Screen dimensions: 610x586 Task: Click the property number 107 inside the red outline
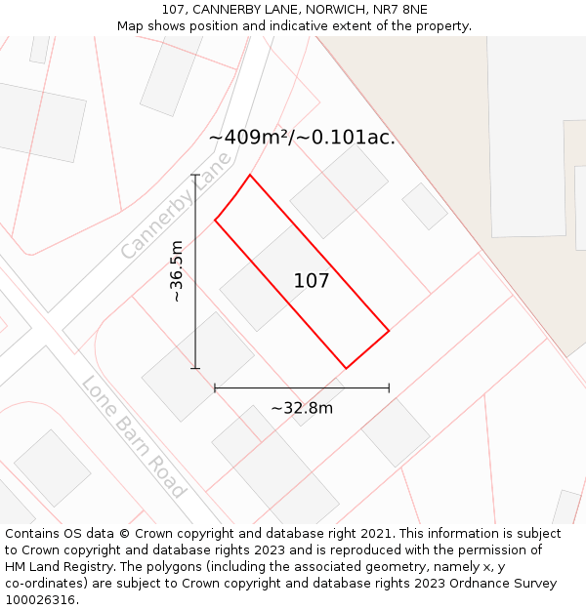(312, 281)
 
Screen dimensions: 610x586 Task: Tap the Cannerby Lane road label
(177, 205)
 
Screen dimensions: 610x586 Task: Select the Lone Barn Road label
(134, 436)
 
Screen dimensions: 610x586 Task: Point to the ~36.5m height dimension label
(177, 271)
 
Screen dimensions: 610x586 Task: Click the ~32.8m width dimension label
(302, 408)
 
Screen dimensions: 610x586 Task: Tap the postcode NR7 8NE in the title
(400, 10)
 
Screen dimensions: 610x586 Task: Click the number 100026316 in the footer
(41, 599)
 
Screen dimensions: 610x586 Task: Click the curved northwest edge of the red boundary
(231, 197)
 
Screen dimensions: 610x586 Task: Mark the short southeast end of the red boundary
(368, 349)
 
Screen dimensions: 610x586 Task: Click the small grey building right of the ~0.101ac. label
(425, 206)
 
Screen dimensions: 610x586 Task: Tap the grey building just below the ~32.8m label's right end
(396, 432)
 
